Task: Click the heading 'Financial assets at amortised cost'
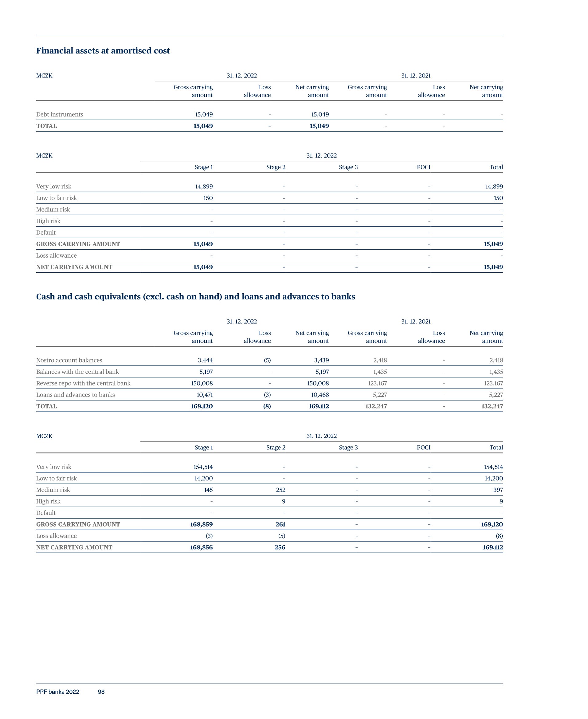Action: (x=103, y=51)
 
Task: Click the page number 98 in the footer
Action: (x=101, y=692)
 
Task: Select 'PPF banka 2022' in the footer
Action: (x=57, y=692)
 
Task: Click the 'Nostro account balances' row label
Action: (x=69, y=361)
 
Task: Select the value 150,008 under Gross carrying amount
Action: (x=202, y=384)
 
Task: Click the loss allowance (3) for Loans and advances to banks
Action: (x=267, y=395)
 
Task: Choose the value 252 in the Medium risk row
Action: (x=280, y=490)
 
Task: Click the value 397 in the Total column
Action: (x=498, y=490)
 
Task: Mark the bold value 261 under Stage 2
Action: (x=280, y=524)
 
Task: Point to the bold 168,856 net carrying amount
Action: (x=201, y=547)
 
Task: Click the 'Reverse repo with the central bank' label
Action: (x=83, y=384)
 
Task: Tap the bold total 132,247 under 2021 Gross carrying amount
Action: (x=376, y=407)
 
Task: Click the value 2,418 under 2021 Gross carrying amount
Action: (x=380, y=361)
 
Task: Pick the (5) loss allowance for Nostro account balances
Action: (x=267, y=361)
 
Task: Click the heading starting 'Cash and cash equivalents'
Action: (x=196, y=297)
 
